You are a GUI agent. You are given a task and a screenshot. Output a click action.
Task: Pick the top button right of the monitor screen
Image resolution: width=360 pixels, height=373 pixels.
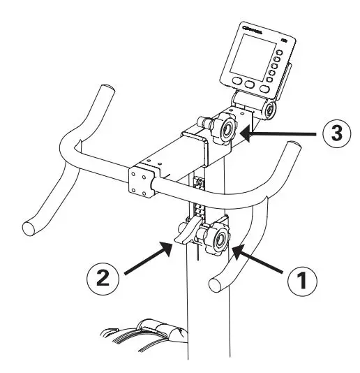277,50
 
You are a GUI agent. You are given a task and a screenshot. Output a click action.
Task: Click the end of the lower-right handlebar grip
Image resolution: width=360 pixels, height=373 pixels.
216,284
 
